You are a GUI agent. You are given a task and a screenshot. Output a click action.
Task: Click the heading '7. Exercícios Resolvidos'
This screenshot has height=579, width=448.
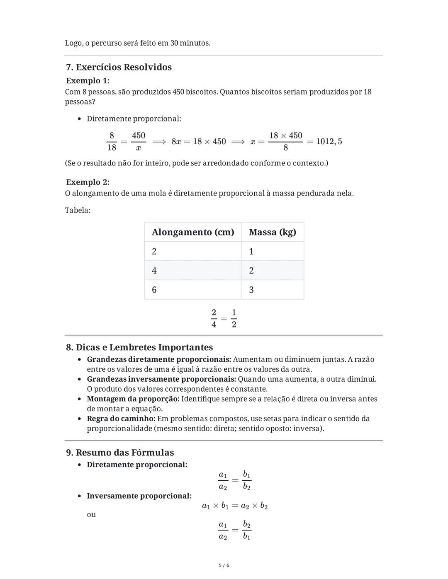point(119,67)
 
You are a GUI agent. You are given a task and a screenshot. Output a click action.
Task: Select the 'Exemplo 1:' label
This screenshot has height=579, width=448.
point(88,80)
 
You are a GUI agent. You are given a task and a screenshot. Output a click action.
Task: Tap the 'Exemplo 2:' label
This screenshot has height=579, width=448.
point(88,182)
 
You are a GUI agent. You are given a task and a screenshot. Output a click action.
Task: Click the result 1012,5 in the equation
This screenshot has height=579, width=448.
point(329,141)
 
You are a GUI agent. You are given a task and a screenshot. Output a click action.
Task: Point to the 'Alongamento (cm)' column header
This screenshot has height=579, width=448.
point(193,232)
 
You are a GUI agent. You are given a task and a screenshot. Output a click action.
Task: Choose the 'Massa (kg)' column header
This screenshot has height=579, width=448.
point(273,232)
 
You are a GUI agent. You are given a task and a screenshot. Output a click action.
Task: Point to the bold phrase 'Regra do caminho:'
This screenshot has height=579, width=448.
point(121,419)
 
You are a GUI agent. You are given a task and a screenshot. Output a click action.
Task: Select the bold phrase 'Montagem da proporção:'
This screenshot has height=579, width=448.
point(133,399)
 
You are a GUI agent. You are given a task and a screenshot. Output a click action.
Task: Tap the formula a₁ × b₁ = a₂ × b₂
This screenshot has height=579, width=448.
point(235,506)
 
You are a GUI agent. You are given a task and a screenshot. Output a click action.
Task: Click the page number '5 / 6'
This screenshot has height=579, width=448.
point(224,565)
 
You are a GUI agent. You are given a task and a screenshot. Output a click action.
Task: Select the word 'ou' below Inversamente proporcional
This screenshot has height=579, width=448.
point(91,514)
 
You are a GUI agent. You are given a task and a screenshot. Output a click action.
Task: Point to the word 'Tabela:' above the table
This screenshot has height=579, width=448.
point(78,210)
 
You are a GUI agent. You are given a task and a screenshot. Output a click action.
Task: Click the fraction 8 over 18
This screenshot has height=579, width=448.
point(112,141)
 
